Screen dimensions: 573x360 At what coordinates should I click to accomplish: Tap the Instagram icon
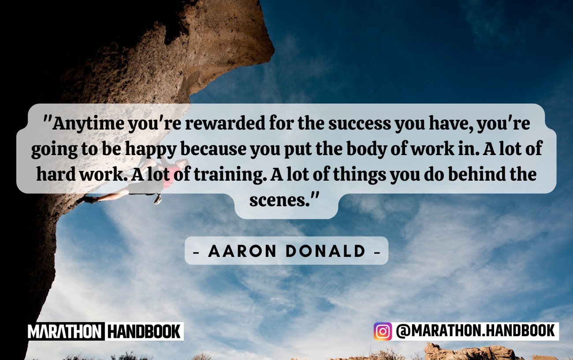coord(383,331)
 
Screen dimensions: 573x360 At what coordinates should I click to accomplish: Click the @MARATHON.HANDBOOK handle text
coord(475,331)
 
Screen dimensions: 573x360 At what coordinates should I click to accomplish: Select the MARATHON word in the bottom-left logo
coord(65,331)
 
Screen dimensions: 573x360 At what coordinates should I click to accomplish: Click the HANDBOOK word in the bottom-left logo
coord(144,331)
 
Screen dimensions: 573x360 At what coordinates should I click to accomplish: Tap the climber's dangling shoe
coord(158,199)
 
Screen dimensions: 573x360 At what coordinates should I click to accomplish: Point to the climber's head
coord(184,163)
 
